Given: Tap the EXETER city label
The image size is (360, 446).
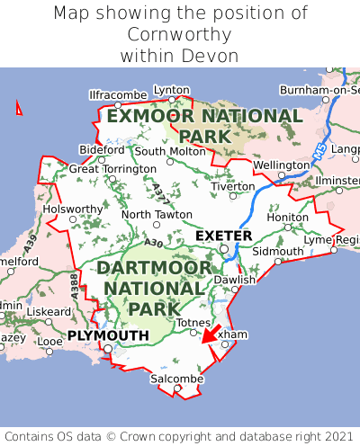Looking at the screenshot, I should click(223, 236).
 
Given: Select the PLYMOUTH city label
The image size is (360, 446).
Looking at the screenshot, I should click(107, 335).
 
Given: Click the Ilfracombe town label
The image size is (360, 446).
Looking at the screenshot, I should click(118, 94).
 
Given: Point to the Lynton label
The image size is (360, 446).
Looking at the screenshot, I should click(172, 90).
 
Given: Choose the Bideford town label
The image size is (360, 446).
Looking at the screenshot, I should click(102, 149).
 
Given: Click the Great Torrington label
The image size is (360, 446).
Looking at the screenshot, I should click(112, 168).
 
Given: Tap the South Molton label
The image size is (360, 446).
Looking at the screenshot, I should click(170, 151).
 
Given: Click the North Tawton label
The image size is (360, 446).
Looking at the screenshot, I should click(157, 215).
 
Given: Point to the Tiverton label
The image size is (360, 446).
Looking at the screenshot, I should click(235, 186).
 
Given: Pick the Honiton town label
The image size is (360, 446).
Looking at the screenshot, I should click(288, 218).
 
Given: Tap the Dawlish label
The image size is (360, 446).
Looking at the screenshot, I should click(235, 280).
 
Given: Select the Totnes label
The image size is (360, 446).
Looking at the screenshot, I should click(193, 322).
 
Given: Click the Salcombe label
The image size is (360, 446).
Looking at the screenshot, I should click(176, 379).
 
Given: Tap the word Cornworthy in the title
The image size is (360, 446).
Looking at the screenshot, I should click(180, 34).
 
